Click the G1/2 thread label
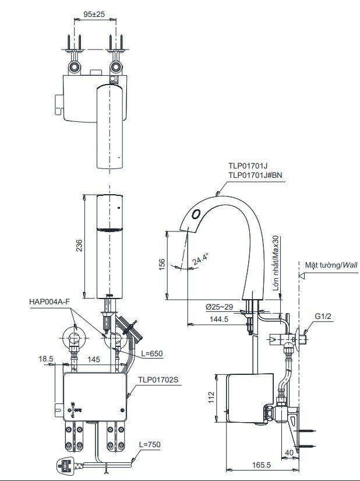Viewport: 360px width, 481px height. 323,317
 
